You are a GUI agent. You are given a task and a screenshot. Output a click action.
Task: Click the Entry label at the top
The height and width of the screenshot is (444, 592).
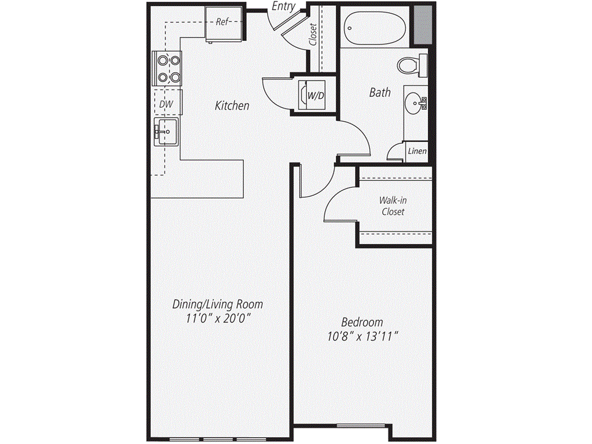[284, 6]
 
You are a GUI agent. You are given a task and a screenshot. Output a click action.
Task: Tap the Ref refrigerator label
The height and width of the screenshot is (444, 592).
[223, 23]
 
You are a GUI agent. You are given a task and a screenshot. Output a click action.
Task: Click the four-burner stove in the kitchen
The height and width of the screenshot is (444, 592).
[167, 68]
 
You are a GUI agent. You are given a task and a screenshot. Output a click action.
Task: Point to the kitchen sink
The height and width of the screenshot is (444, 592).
[166, 133]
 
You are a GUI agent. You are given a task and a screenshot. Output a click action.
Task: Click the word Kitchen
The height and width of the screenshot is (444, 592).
[232, 106]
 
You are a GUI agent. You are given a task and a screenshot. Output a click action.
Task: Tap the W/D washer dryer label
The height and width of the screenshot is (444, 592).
[315, 95]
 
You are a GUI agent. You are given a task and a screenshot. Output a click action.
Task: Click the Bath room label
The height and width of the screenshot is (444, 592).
[380, 92]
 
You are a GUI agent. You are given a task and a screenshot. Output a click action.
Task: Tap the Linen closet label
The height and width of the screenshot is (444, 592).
[417, 151]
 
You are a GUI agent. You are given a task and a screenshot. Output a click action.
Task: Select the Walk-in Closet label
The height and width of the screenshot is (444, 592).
[392, 206]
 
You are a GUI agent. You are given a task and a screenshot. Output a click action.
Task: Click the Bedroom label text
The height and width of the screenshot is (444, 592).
[362, 322]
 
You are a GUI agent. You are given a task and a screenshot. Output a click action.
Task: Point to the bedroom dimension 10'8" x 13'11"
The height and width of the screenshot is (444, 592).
[362, 337]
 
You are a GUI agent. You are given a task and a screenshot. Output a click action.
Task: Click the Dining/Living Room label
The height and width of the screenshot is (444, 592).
[219, 304]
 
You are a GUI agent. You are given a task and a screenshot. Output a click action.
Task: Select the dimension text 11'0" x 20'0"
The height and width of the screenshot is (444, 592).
[219, 319]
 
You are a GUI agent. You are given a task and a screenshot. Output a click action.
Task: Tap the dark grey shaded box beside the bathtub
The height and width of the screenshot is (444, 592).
[424, 23]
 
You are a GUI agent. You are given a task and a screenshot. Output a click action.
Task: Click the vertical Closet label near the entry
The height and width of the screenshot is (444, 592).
[313, 35]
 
